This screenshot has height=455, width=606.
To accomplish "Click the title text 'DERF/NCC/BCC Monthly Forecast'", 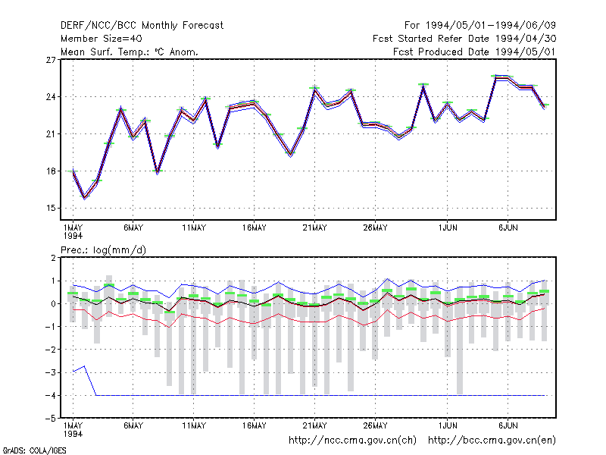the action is (x=142, y=26).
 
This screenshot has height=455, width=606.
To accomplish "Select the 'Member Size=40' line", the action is (x=102, y=39).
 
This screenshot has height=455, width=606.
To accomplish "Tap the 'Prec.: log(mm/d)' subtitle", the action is (x=103, y=250).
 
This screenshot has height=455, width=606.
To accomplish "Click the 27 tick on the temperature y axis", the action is (x=51, y=60).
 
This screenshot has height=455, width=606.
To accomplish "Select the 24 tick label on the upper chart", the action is (x=51, y=97).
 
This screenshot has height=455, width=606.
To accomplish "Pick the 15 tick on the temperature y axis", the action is (x=51, y=208).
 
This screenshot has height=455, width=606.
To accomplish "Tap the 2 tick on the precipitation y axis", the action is (x=53, y=258).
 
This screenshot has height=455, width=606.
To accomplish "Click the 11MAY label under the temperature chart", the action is (x=194, y=228).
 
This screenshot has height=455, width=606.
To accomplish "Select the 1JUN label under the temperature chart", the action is (x=448, y=228).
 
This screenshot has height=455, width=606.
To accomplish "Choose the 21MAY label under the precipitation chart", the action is (x=314, y=425).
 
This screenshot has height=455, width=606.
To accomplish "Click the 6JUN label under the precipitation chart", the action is (x=508, y=425).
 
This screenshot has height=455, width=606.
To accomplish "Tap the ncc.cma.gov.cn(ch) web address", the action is (x=352, y=441).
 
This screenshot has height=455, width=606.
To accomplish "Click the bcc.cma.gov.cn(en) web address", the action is (x=492, y=441).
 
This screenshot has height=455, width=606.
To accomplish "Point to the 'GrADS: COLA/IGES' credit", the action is (x=34, y=450).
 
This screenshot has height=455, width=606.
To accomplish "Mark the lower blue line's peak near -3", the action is (x=84, y=366).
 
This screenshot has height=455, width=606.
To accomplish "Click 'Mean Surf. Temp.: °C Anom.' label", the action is (x=130, y=52).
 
